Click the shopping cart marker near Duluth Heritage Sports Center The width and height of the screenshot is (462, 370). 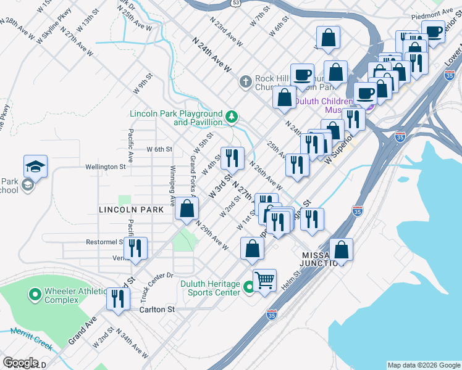(264, 280)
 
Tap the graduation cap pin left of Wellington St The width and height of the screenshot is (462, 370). (35, 166)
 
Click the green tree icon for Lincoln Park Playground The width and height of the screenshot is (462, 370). (232, 116)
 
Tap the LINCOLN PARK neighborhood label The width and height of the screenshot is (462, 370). (131, 210)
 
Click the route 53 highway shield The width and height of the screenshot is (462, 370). (235, 2)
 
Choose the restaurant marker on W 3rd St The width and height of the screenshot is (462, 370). (232, 158)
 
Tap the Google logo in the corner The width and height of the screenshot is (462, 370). (21, 363)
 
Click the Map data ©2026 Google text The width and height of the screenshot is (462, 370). (423, 365)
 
